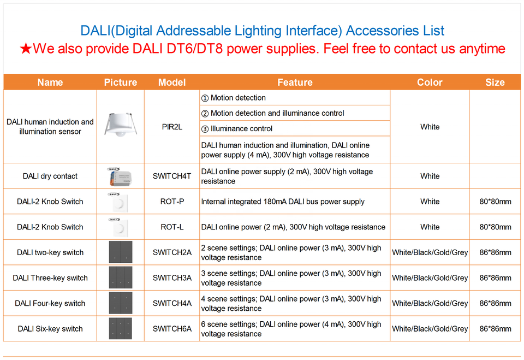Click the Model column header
tap(172, 82)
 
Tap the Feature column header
tap(295, 82)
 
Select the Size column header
tap(495, 82)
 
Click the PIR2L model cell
tap(172, 127)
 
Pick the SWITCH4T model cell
tap(172, 176)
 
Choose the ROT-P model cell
tap(172, 202)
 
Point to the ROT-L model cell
tap(172, 227)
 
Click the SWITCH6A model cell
tap(172, 329)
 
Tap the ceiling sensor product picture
tap(121, 125)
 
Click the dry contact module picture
tap(120, 176)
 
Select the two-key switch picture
tap(121, 252)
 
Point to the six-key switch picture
tap(121, 328)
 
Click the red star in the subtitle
tap(26, 49)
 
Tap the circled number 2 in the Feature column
tap(205, 114)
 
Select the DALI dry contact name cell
tap(50, 176)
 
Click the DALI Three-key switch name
tap(50, 278)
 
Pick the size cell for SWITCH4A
tap(495, 303)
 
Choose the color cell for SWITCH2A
tap(430, 252)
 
